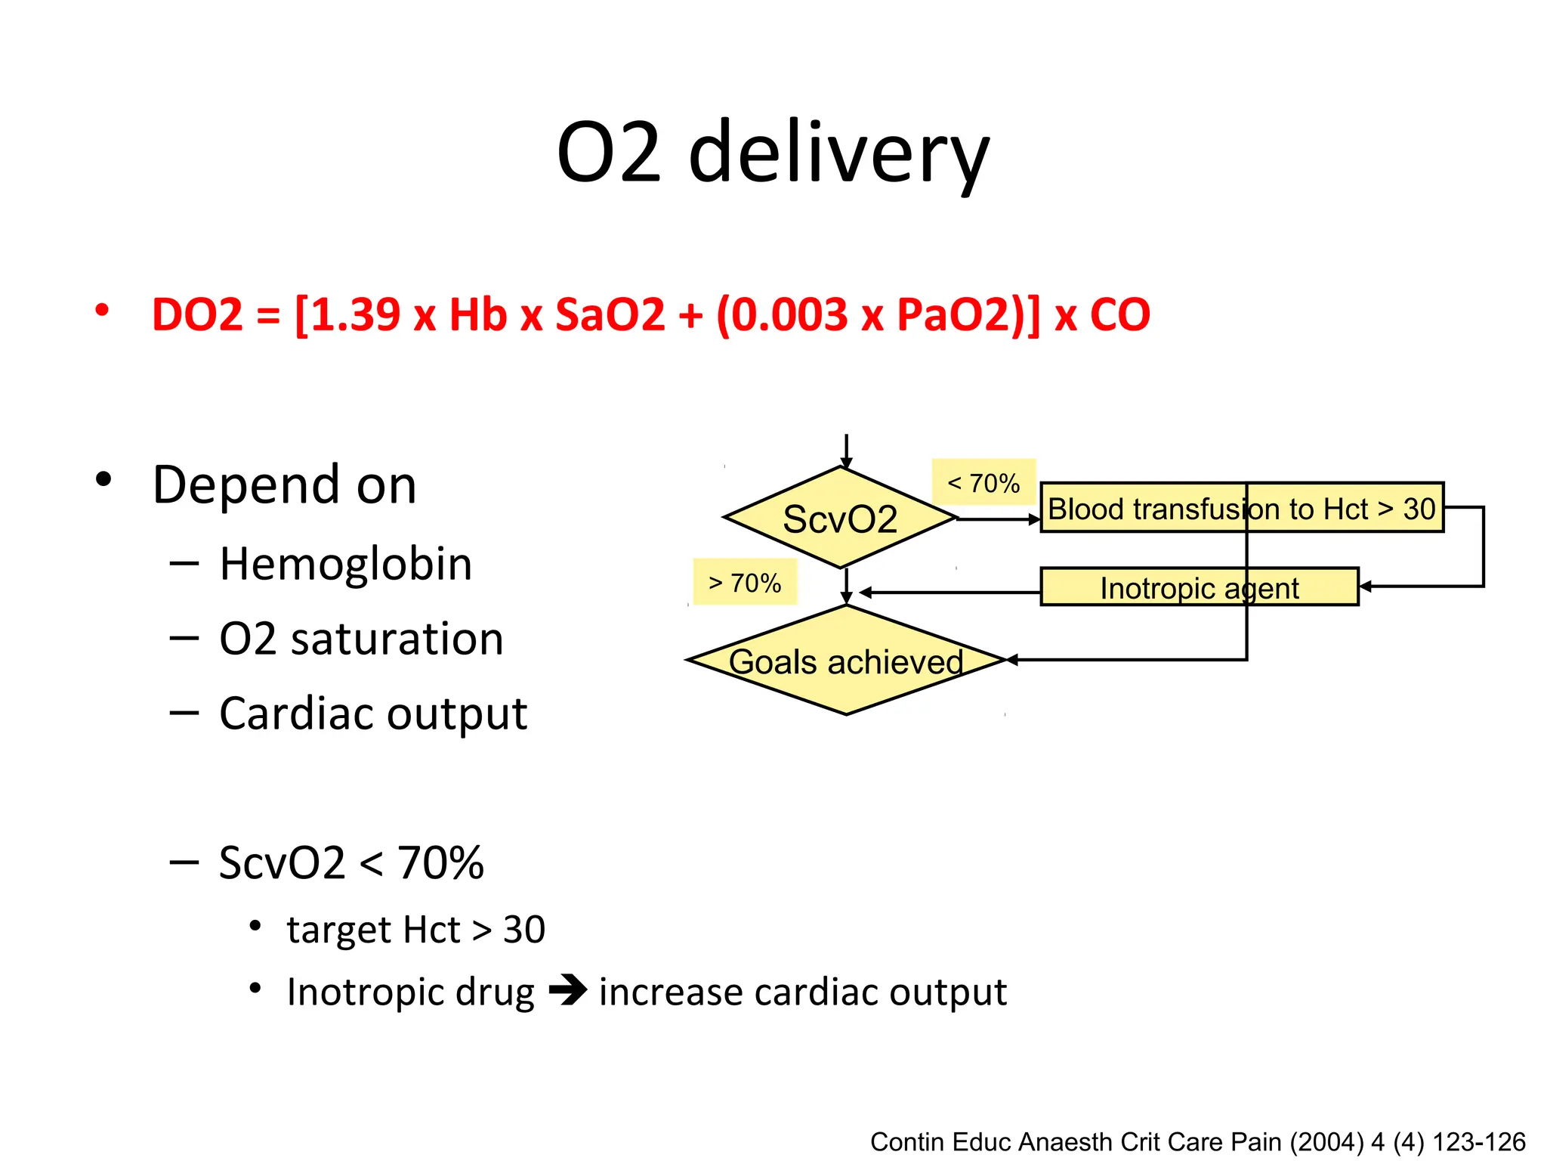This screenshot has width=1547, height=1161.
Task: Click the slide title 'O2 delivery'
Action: pos(772,153)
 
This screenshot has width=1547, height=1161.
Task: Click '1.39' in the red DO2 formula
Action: pos(354,314)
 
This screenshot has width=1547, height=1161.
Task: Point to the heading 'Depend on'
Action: pos(284,485)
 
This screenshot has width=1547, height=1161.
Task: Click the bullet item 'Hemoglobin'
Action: pos(345,564)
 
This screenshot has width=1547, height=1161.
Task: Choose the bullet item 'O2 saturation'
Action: pos(361,639)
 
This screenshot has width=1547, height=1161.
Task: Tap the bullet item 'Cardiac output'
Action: pos(372,714)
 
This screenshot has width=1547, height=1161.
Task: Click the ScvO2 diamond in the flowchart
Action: pos(840,519)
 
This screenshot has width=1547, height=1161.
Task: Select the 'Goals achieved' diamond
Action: pos(846,661)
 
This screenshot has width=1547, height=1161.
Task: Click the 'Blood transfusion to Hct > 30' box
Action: pos(1241,508)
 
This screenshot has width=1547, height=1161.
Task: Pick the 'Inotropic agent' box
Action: pos(1199,587)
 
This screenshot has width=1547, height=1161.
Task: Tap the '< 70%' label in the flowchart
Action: pos(983,482)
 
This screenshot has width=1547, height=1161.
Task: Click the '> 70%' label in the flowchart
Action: pos(745,583)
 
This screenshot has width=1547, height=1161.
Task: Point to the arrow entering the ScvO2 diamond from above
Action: pos(846,452)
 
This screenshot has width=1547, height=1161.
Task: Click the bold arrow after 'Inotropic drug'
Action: pos(567,991)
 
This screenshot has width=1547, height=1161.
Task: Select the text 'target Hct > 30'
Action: pos(415,929)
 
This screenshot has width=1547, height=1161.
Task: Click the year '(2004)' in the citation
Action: pos(1327,1141)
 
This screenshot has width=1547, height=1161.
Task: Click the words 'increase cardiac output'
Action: pos(802,992)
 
